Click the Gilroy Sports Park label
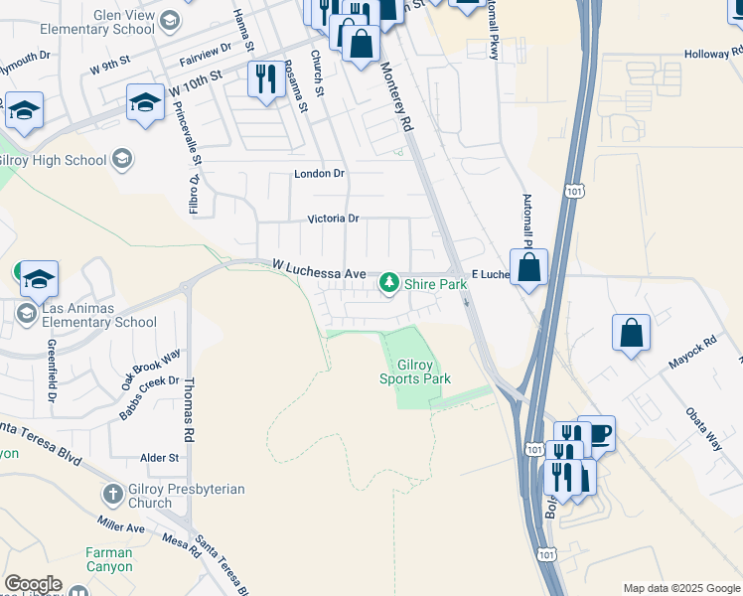tap(415, 372)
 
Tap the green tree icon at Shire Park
tap(389, 284)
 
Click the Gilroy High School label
tap(53, 160)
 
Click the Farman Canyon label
tap(108, 559)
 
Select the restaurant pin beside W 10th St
tap(265, 78)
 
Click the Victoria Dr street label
tap(332, 219)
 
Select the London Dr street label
tap(319, 174)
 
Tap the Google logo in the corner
tap(33, 584)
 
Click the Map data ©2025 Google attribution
tap(681, 588)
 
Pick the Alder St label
tap(159, 458)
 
